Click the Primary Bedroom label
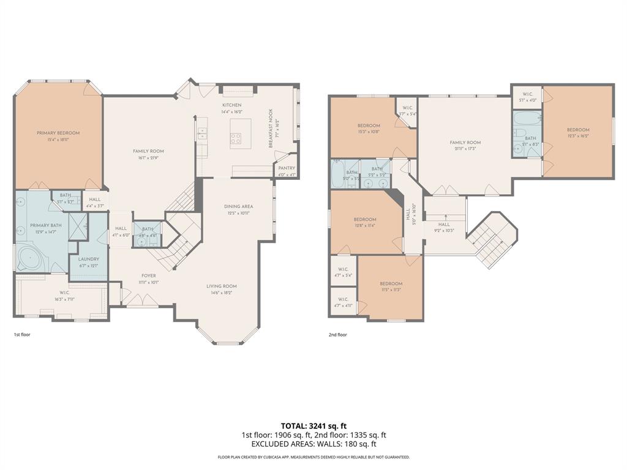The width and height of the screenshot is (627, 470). [x=58, y=133]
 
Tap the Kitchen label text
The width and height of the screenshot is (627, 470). [x=231, y=105]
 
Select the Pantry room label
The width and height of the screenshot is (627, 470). [x=287, y=168]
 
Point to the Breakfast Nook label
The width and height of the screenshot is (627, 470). [x=269, y=129]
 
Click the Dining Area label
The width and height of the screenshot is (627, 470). [x=238, y=206]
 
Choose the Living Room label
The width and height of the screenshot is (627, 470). [x=221, y=286]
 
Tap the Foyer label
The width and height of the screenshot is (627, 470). [x=149, y=275]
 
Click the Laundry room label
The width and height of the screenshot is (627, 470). [x=88, y=259]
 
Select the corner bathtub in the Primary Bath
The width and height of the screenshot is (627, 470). [x=30, y=258]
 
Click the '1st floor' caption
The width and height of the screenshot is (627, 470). [x=22, y=335]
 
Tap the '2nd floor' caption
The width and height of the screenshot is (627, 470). [x=338, y=335]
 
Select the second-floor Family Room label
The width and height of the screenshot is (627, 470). [x=465, y=143]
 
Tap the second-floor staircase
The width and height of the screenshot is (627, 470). [x=490, y=239]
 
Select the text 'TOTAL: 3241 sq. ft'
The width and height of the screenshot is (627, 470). [x=313, y=425]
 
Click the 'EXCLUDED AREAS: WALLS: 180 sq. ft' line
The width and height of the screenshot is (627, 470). [x=313, y=444]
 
